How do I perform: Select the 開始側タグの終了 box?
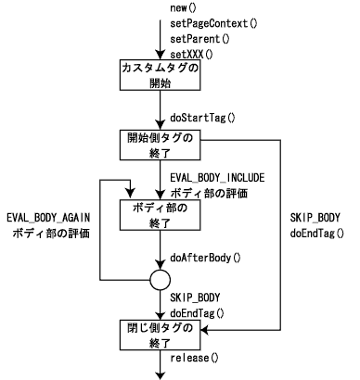tap(161, 146)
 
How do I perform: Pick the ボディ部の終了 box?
tap(161, 217)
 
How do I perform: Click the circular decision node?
tap(161, 280)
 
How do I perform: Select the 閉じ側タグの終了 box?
tap(161, 335)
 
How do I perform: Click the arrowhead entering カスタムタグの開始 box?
tap(161, 57)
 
